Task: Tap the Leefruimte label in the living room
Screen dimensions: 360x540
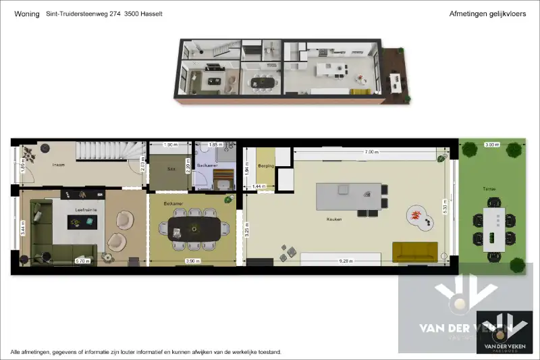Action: [86, 210]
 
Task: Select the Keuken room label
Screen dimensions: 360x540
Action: [333, 219]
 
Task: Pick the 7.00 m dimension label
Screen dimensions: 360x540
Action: [369, 152]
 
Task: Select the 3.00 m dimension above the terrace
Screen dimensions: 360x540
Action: [491, 145]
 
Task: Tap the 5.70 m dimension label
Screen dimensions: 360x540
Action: [82, 261]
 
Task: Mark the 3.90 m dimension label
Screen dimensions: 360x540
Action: [192, 261]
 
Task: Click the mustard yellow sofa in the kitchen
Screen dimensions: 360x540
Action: [414, 252]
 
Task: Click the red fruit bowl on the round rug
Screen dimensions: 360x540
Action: [415, 215]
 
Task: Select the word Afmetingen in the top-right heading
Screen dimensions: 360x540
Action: [468, 14]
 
